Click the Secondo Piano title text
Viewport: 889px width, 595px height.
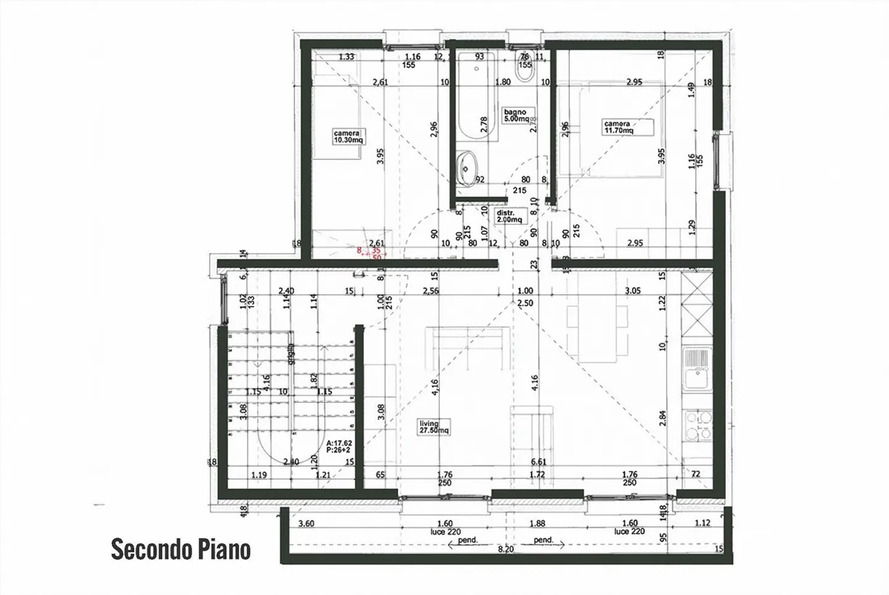[181, 549]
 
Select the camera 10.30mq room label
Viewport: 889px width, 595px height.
[349, 137]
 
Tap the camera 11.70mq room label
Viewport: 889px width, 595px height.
[618, 127]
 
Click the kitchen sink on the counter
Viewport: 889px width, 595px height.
[698, 369]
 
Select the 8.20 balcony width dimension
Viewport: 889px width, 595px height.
[505, 549]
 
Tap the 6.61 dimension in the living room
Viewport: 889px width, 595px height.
[539, 462]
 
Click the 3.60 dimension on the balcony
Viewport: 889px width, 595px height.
[306, 524]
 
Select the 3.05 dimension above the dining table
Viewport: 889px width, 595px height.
[632, 290]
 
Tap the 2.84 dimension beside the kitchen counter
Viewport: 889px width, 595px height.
[663, 418]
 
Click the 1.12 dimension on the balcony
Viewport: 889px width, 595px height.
[702, 523]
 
